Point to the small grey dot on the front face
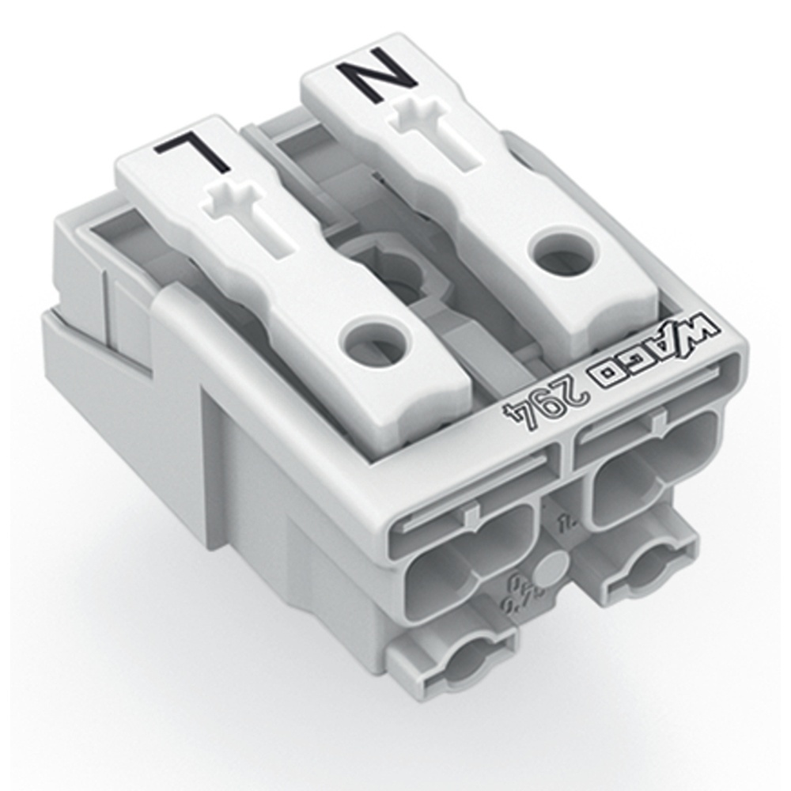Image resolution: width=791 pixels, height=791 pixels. (551, 568)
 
